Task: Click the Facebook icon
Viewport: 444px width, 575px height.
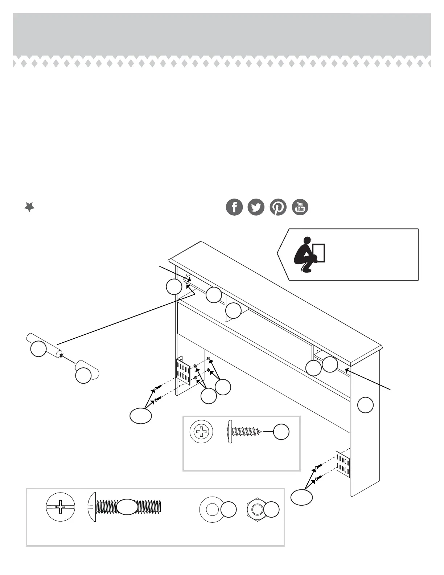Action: click(234, 207)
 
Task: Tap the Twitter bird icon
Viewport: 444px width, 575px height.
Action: click(256, 207)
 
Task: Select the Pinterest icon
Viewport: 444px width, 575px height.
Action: click(278, 207)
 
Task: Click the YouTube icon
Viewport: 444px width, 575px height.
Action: click(300, 207)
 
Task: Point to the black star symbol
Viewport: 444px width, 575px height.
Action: click(29, 207)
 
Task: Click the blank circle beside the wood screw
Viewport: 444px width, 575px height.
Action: click(281, 432)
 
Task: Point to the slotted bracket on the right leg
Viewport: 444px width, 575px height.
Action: click(343, 464)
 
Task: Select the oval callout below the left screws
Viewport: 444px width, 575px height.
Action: click(141, 416)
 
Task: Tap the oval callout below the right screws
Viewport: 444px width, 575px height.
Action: click(302, 497)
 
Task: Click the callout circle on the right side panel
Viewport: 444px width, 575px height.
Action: click(365, 405)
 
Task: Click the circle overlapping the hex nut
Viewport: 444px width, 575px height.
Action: click(271, 510)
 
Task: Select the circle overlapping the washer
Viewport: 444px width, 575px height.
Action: click(229, 510)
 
